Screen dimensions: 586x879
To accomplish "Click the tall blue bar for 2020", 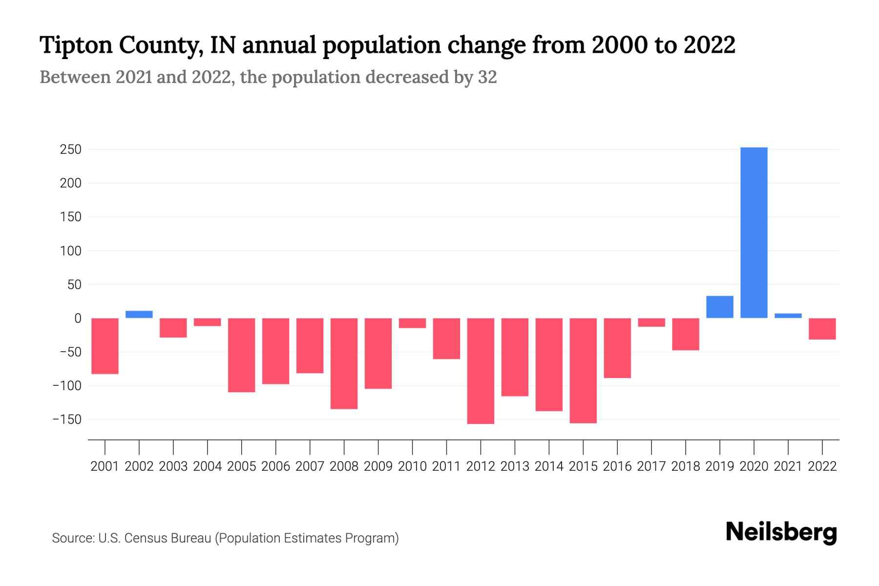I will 753,232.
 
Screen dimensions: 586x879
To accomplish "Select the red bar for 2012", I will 481,371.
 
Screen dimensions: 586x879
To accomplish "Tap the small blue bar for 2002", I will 139,314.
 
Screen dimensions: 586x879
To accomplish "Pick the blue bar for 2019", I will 719,307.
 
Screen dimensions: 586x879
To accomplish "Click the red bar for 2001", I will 105,346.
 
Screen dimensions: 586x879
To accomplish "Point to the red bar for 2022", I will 822,329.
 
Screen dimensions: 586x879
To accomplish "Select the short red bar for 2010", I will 412,323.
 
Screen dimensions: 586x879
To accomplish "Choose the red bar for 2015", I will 583,370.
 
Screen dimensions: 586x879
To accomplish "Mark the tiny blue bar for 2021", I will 788,315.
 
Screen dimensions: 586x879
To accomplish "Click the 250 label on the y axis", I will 70,149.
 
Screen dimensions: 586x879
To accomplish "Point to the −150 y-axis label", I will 67,419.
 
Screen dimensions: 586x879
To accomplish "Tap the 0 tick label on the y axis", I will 78,318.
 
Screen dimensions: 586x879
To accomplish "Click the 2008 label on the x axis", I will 344,466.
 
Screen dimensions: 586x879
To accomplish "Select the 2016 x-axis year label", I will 617,466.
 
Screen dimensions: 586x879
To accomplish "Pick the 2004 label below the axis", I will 208,466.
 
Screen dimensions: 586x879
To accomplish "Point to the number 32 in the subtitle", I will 487,77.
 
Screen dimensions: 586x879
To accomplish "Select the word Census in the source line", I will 146,538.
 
